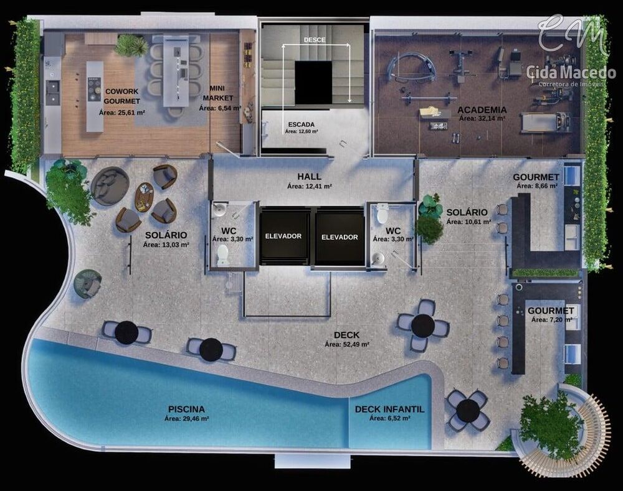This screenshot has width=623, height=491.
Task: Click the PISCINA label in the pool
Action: [186, 409]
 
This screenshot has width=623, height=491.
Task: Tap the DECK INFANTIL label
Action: [389, 409]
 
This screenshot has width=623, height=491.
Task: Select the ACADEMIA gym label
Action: [482, 110]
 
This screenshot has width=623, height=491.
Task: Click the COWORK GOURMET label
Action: [122, 96]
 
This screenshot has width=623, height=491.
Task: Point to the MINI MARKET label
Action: [217, 93]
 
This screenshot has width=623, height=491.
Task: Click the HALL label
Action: [309, 177]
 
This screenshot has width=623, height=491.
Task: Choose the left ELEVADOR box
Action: [283, 236]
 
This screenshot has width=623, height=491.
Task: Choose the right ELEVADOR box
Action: [340, 237]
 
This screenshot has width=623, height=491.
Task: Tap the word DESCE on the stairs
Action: [315, 40]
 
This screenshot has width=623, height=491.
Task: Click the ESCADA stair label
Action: [302, 124]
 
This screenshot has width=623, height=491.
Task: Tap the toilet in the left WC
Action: [222, 255]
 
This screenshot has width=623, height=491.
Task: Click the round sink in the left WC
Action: [218, 210]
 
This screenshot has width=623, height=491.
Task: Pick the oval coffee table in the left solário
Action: [145, 197]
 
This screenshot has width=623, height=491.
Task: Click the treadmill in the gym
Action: [545, 123]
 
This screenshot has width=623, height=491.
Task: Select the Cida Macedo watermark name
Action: [571, 72]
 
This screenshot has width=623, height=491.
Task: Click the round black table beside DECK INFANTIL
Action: [467, 411]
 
